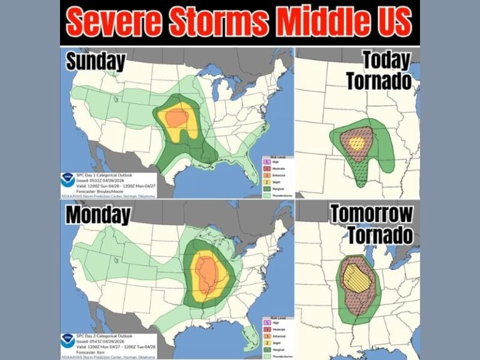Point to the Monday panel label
[x=99, y=215]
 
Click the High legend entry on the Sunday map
[x=274, y=161]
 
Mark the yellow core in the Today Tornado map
[x=356, y=143]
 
